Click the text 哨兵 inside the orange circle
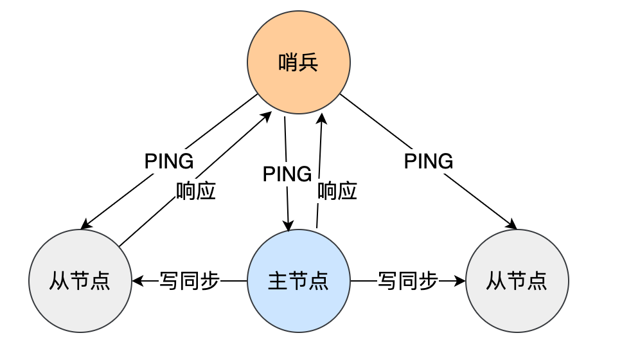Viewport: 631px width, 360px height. pyautogui.click(x=299, y=63)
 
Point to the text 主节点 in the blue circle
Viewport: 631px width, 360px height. pyautogui.click(x=299, y=281)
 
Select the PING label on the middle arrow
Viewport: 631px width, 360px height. pyautogui.click(x=287, y=174)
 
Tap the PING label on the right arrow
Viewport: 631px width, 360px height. pyautogui.click(x=429, y=161)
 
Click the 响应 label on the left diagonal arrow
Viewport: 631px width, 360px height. pyautogui.click(x=195, y=191)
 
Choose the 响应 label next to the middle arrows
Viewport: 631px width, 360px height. pyautogui.click(x=337, y=191)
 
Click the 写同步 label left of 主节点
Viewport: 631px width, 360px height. pyautogui.click(x=190, y=281)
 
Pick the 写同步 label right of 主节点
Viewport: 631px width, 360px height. pyautogui.click(x=408, y=281)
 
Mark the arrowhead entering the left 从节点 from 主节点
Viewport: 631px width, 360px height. pyautogui.click(x=137, y=281)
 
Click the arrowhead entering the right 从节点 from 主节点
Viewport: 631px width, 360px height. pyautogui.click(x=461, y=281)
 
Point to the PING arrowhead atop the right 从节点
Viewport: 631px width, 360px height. pyautogui.click(x=513, y=226)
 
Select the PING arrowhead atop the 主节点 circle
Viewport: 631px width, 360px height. pyautogui.click(x=288, y=226)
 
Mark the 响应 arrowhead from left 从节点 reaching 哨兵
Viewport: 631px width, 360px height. pyautogui.click(x=267, y=116)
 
